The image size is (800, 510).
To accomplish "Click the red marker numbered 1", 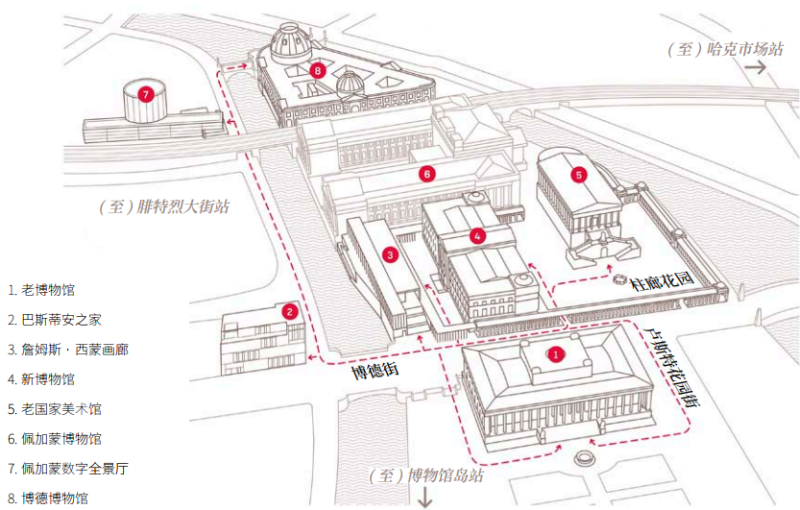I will (554, 353).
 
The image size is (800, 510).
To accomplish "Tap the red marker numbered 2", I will (288, 310).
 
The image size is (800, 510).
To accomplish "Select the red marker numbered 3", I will (390, 255).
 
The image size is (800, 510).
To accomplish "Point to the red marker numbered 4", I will (477, 234).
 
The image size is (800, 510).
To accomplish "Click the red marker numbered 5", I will (578, 175).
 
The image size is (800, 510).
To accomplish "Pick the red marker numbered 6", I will (427, 174).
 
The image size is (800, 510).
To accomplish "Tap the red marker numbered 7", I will (145, 94).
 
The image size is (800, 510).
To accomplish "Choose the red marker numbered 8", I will (318, 70).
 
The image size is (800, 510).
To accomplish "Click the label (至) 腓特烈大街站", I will (164, 206).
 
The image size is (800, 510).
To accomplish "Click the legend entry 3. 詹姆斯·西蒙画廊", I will (67, 350).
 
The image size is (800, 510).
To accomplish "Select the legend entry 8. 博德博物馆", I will (48, 498).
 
